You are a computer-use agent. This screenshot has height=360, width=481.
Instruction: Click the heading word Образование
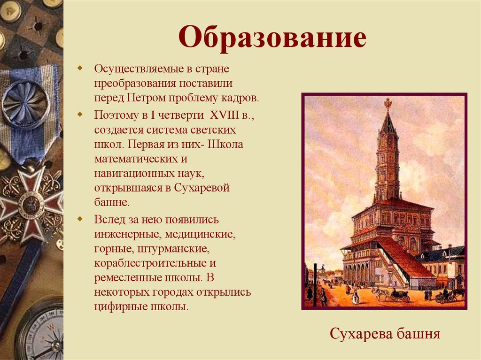pos(272,38)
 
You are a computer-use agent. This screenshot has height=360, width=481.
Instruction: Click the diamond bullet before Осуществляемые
pos(80,69)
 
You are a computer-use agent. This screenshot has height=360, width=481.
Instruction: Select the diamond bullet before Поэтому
pos(80,114)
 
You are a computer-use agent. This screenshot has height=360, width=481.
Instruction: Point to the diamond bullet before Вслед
pos(80,219)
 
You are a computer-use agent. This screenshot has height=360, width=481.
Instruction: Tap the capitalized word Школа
pos(225,144)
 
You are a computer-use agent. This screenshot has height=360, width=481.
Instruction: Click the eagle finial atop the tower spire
pos(388,103)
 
